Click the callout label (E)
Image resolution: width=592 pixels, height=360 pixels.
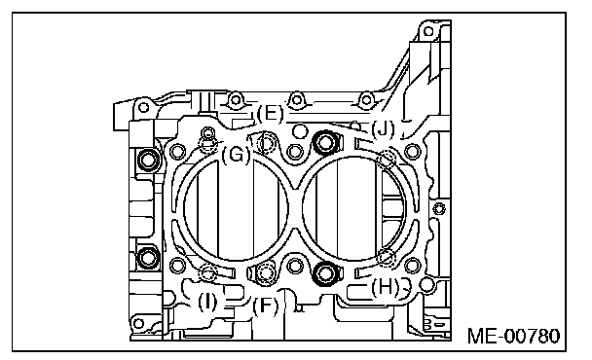click(x=270, y=113)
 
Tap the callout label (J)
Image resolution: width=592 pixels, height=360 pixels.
click(x=383, y=129)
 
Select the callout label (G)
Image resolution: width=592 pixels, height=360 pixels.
click(x=236, y=155)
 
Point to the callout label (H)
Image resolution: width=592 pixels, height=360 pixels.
click(x=386, y=288)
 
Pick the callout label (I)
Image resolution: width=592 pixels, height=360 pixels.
click(x=207, y=302)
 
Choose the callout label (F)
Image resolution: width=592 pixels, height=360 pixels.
click(x=266, y=306)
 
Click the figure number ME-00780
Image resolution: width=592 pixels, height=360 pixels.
click(x=514, y=336)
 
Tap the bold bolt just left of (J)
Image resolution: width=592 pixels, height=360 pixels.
click(x=325, y=142)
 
